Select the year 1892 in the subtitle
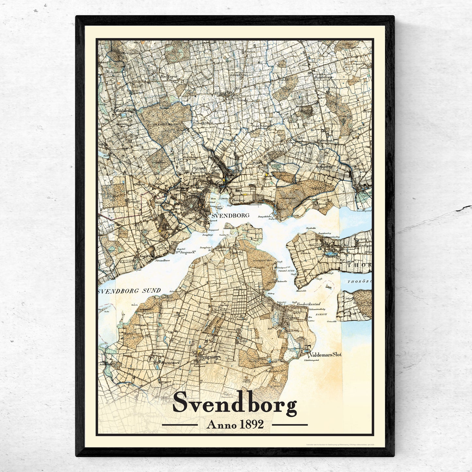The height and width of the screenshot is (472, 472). coord(252,425)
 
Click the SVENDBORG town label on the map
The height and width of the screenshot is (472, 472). coord(230,216)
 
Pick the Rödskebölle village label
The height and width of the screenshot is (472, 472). coord(126,111)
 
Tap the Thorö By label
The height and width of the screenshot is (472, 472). coord(333,256)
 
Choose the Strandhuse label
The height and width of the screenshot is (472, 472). coord(161,261)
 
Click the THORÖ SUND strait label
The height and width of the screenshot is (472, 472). coord(286,271)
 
